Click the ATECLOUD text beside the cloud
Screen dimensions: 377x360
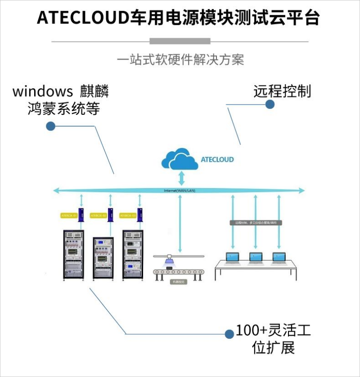pos(217,159)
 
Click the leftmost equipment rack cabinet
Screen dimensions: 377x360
pos(73,255)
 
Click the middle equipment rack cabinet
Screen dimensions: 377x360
pos(103,257)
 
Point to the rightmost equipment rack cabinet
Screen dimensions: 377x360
pos(132,255)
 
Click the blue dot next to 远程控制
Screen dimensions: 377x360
pos(270,104)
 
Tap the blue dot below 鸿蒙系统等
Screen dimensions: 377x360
pos(51,126)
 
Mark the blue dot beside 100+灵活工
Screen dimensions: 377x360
pos(229,334)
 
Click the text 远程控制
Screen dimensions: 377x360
pos(282,91)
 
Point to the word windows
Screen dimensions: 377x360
pos(43,91)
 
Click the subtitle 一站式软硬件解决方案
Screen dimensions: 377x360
pos(180,60)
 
